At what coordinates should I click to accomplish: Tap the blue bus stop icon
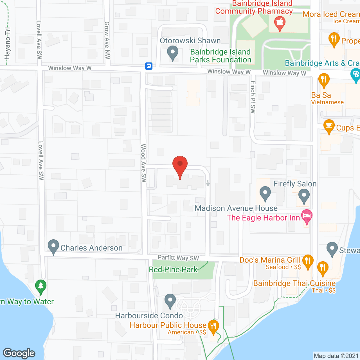click(x=149, y=66)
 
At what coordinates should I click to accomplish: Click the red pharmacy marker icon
click(x=280, y=23)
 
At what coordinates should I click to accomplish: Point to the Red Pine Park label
click(x=173, y=269)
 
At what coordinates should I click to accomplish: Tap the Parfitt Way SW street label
click(x=178, y=258)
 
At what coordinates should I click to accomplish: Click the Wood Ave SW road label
click(x=143, y=163)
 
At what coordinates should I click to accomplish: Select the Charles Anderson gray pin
click(x=53, y=247)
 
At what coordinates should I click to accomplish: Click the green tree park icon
click(x=41, y=287)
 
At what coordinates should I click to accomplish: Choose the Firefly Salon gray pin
click(x=304, y=196)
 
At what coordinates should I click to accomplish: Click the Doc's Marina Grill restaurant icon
click(x=308, y=261)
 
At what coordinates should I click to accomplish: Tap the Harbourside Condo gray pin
click(x=170, y=301)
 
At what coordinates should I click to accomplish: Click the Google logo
click(x=19, y=353)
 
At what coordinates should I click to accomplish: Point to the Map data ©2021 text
click(x=336, y=356)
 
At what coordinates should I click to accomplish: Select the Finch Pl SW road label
click(x=253, y=97)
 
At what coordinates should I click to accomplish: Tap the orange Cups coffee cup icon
click(x=329, y=126)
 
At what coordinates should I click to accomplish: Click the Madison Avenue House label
click(x=236, y=208)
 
